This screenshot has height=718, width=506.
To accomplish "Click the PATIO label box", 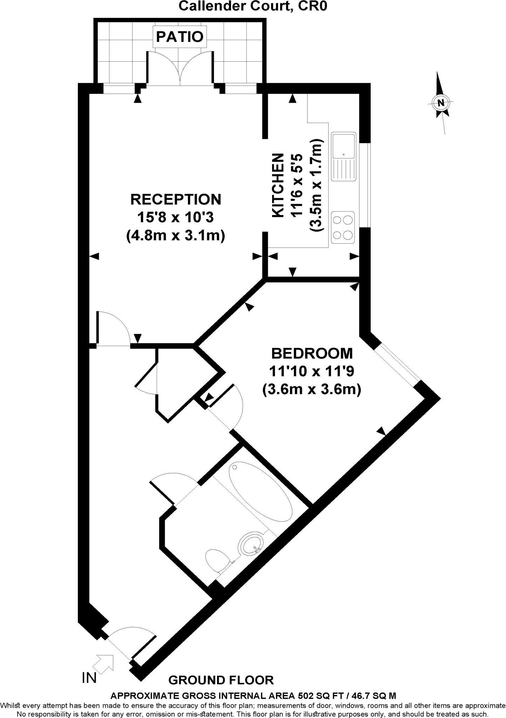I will tap(180, 36).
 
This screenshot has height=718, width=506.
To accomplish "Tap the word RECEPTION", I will tap(176, 199).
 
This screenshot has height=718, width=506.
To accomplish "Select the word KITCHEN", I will tap(278, 185).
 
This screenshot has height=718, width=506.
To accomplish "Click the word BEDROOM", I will tap(312, 353).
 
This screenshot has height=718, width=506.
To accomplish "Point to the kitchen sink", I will tap(344, 156).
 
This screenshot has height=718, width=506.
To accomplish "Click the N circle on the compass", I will tap(440, 103).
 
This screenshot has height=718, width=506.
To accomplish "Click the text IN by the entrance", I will tap(89, 678).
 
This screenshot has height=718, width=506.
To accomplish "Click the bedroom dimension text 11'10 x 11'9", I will tap(311, 371).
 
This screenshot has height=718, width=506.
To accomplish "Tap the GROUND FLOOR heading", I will tap(221, 680).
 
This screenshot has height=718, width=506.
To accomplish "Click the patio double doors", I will tap(180, 68).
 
